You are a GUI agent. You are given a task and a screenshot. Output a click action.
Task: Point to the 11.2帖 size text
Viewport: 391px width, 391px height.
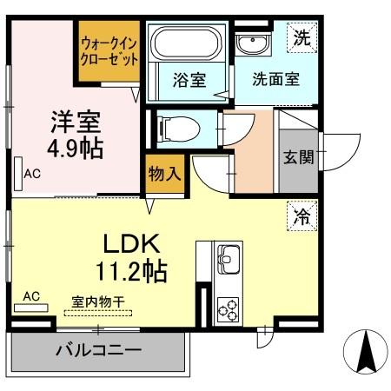point(132,270)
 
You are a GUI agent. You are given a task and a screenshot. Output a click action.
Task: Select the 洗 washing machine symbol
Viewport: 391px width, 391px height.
point(300,37)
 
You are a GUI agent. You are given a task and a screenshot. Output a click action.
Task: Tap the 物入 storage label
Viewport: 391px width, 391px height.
point(165,173)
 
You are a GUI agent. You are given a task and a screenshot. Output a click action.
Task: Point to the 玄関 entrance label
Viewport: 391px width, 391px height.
point(298,158)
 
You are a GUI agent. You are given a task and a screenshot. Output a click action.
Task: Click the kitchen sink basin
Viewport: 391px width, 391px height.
point(229,258)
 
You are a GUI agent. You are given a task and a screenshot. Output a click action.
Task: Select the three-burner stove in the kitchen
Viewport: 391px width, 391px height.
point(229,308)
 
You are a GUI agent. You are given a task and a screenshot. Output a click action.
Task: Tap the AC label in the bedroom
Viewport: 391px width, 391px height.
point(32,174)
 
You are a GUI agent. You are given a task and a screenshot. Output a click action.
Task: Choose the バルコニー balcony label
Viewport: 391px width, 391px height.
point(98,353)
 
